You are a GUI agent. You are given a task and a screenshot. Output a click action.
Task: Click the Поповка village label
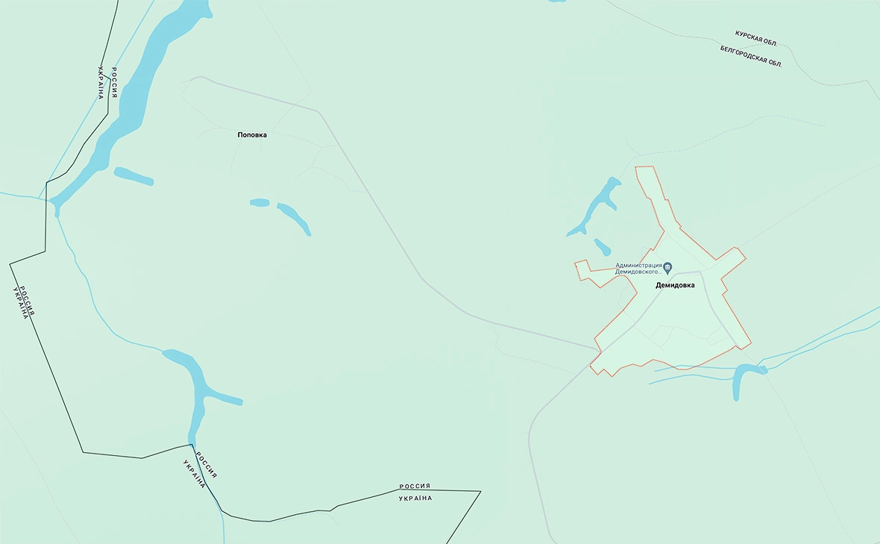[x=252, y=135]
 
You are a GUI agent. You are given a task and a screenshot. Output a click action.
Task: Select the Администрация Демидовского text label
[x=638, y=269]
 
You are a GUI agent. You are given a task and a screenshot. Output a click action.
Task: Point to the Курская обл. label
[x=756, y=39]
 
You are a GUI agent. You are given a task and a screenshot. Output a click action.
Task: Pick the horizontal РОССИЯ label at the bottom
[x=415, y=487]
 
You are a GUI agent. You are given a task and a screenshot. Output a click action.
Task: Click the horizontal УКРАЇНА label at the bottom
[x=415, y=498]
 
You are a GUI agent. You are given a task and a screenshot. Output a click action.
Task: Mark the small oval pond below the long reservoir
[x=133, y=176]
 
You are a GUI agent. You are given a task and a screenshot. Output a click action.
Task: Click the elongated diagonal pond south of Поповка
[x=294, y=218]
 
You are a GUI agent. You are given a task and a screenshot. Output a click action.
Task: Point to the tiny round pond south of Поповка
[x=260, y=202]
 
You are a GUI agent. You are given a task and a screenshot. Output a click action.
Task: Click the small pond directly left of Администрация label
[x=603, y=246]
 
